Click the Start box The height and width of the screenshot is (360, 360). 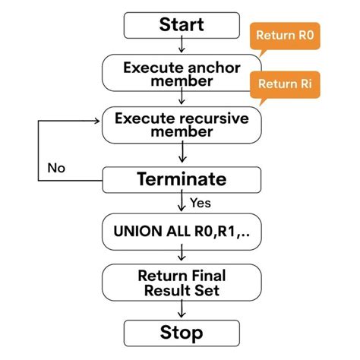pos(181,24)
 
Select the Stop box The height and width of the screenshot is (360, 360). pos(181,332)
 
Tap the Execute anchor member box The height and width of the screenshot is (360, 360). pos(181,74)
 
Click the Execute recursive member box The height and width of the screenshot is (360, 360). pos(181,126)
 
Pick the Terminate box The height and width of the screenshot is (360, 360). pos(181,180)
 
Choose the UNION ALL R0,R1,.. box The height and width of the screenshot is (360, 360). pos(181,229)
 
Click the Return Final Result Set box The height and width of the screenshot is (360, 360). pos(181,281)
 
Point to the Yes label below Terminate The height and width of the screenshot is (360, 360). pos(200,203)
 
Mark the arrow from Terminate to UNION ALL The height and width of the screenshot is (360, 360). pos(181,204)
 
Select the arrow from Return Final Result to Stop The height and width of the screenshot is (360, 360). pos(181,308)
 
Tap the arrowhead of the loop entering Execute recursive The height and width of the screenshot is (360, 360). pos(97,118)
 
